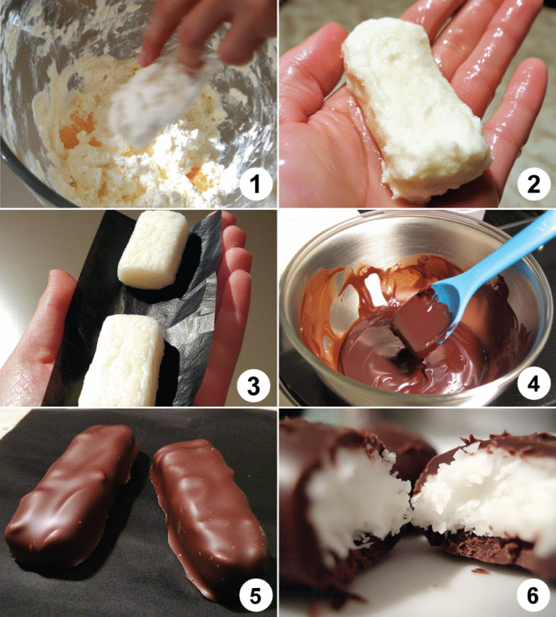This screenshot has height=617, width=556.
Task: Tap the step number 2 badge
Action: (533, 187)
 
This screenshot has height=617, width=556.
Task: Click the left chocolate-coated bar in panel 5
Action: (72, 499)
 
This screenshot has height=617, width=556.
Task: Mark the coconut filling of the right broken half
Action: (478, 492)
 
